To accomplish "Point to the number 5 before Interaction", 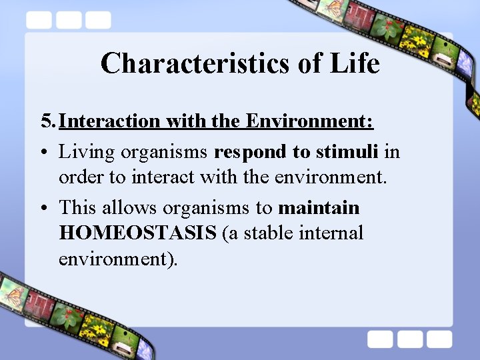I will tap(46, 121).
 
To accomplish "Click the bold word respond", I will tap(251, 153).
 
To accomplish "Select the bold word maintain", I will tap(319, 208).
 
